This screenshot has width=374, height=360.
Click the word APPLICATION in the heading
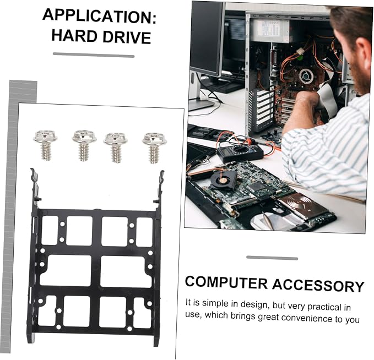click(99, 16)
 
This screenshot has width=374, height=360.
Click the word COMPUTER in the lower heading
click(226, 282)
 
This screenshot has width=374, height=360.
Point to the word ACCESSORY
click(318, 285)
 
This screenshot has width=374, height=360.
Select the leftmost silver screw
click(45, 145)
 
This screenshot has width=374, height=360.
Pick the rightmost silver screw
click(154, 148)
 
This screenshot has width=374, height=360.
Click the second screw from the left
click(84, 145)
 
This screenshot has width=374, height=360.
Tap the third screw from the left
click(115, 148)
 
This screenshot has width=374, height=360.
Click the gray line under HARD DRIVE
click(94, 55)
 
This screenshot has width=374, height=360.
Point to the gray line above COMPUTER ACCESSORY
click(272, 258)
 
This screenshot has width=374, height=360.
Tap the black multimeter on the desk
click(240, 153)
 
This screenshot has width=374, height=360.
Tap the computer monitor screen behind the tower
click(206, 38)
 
